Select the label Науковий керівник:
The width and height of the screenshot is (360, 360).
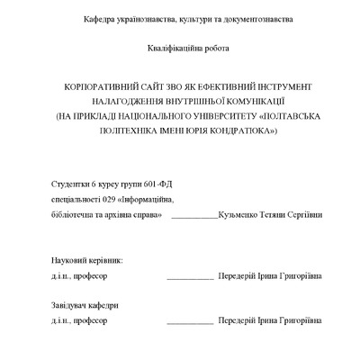[86, 260]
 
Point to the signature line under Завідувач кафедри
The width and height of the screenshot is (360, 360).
[190, 322]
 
